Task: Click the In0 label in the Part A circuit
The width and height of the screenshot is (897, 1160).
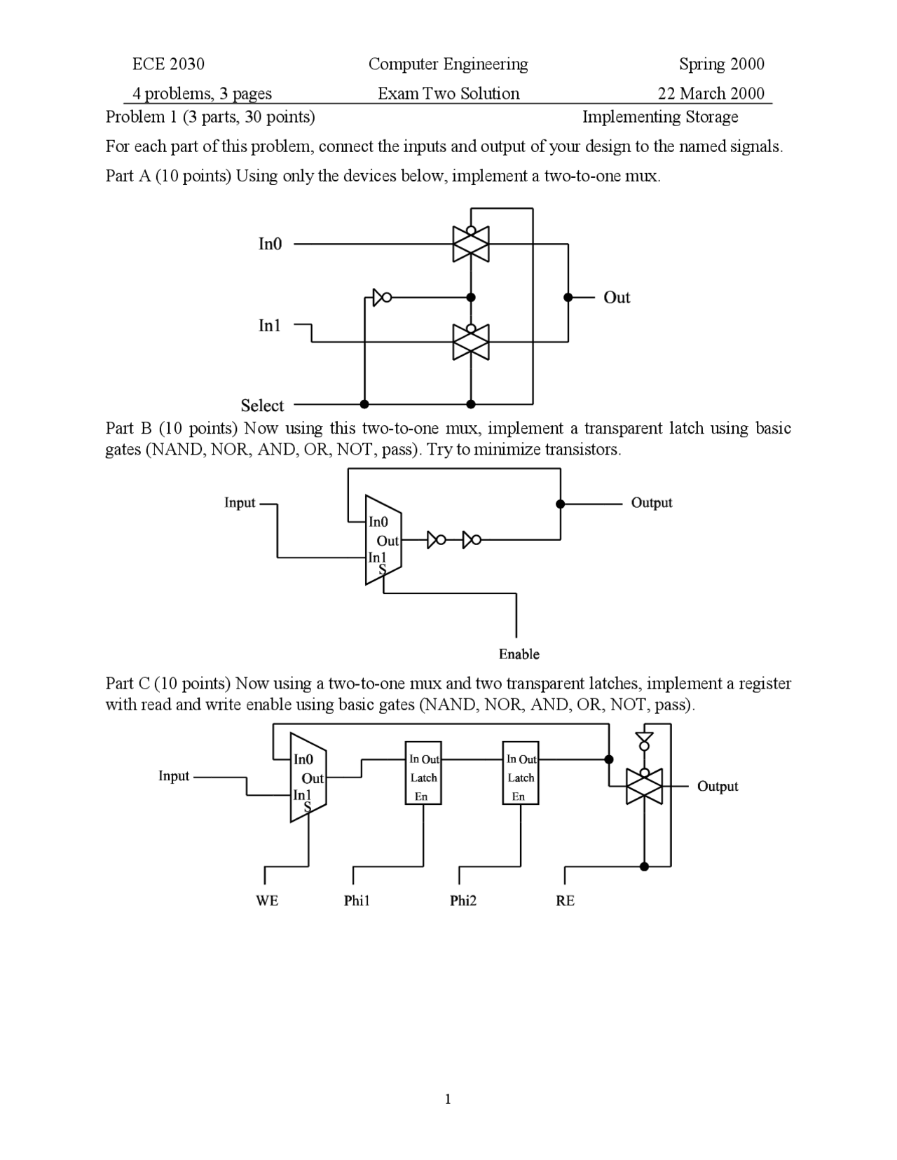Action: click(270, 244)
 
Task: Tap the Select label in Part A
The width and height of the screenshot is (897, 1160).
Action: click(262, 406)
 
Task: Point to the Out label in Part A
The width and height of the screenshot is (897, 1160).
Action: click(617, 298)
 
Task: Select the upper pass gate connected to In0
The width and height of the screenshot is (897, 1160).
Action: click(471, 244)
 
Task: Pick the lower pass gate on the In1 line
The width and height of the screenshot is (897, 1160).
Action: click(471, 342)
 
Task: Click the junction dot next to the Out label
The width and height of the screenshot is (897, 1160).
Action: click(568, 298)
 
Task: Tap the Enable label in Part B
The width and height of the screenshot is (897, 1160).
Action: click(519, 654)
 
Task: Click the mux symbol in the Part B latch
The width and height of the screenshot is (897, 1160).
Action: click(383, 540)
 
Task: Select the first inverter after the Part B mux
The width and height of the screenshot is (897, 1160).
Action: click(437, 539)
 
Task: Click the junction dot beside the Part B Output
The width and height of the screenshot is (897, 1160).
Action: click(560, 504)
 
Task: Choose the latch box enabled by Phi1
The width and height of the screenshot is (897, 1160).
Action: click(423, 773)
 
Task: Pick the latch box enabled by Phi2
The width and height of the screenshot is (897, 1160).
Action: click(521, 773)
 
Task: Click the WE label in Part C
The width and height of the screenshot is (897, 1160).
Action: click(267, 901)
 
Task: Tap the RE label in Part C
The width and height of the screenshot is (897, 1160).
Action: click(565, 901)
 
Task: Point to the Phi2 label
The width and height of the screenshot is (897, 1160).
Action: click(463, 901)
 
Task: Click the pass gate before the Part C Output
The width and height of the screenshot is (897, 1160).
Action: click(644, 786)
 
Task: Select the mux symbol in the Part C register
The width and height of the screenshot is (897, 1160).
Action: click(308, 778)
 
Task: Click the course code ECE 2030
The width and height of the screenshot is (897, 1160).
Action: click(168, 64)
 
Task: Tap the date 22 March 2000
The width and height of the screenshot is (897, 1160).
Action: click(711, 94)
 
